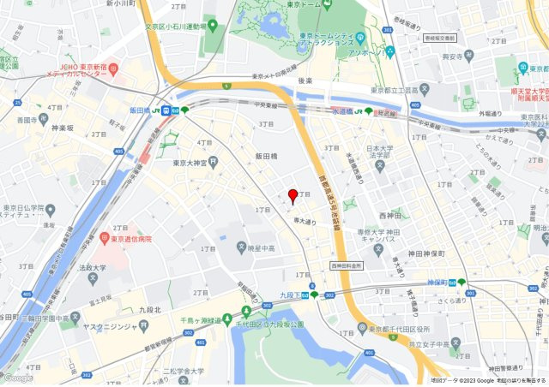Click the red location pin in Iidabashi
click(292, 195)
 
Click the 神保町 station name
click(439, 282)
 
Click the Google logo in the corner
click(18, 378)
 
